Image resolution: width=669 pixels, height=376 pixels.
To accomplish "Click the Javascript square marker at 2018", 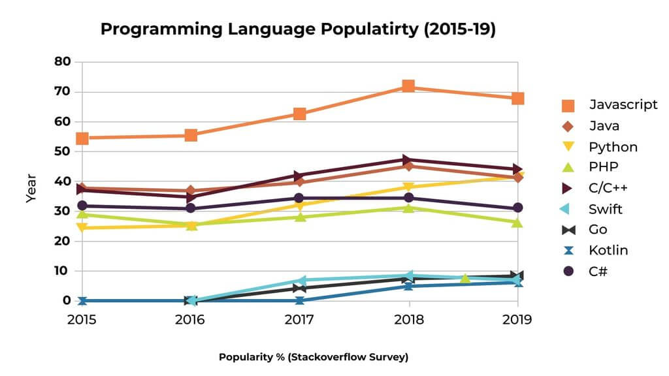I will (x=408, y=86).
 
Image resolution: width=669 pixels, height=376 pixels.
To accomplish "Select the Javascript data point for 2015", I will (x=82, y=138).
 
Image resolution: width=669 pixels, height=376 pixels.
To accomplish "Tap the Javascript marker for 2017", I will (x=300, y=114).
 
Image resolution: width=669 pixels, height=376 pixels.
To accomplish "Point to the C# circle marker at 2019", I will (x=517, y=208).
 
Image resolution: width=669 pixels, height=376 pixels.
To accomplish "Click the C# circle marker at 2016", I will (x=191, y=208).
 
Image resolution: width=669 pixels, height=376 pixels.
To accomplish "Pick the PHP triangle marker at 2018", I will (x=408, y=208).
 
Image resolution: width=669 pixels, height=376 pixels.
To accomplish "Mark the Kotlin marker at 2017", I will (x=300, y=300).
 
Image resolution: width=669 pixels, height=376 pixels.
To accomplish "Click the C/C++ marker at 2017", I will (x=300, y=176).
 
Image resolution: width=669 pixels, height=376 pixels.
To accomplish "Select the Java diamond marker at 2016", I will (x=191, y=191).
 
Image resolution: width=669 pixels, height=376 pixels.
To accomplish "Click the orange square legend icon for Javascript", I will (x=568, y=105).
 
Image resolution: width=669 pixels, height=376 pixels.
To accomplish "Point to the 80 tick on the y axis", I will (x=63, y=62).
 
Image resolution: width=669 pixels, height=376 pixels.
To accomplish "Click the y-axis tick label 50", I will (x=63, y=151).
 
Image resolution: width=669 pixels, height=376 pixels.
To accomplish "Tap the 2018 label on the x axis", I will (x=408, y=320).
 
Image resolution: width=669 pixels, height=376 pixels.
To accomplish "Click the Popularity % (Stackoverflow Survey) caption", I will (x=314, y=356).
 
